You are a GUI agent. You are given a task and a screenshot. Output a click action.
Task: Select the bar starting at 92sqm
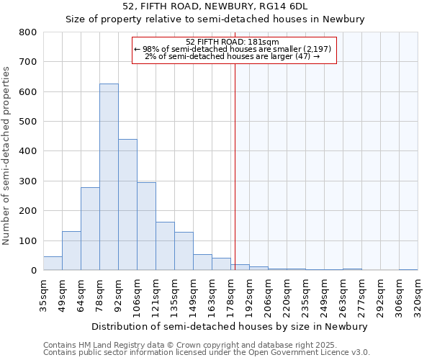tap(127, 205)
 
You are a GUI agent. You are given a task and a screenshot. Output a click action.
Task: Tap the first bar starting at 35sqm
tap(53, 264)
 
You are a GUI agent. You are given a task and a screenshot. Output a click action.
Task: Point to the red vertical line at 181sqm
tap(235, 166)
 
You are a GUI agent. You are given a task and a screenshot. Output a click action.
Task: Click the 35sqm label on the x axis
tap(44, 295)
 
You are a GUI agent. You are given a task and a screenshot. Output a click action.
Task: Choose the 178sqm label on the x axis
tap(231, 295)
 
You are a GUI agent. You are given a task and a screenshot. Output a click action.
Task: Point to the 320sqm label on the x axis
tap(418, 295)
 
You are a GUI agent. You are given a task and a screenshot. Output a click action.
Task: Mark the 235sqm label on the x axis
tap(306, 295)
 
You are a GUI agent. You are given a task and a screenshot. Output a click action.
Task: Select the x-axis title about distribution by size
tap(230, 326)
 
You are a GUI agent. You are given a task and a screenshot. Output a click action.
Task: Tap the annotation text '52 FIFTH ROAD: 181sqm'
tap(232, 42)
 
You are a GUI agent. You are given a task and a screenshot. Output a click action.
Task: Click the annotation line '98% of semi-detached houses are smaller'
tap(233, 49)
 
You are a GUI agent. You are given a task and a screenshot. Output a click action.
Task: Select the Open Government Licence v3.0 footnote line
tap(206, 352)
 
